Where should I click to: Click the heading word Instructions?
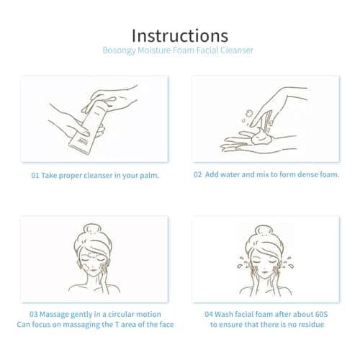180,36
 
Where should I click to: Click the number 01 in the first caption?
35,176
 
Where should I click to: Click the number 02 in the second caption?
197,174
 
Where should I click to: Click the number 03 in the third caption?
34,314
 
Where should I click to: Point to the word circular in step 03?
121,314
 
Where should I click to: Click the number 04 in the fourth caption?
209,314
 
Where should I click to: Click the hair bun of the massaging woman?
93,229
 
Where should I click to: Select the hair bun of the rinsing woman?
264,231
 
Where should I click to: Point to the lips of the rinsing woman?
265,272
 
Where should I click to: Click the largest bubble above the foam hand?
249,113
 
